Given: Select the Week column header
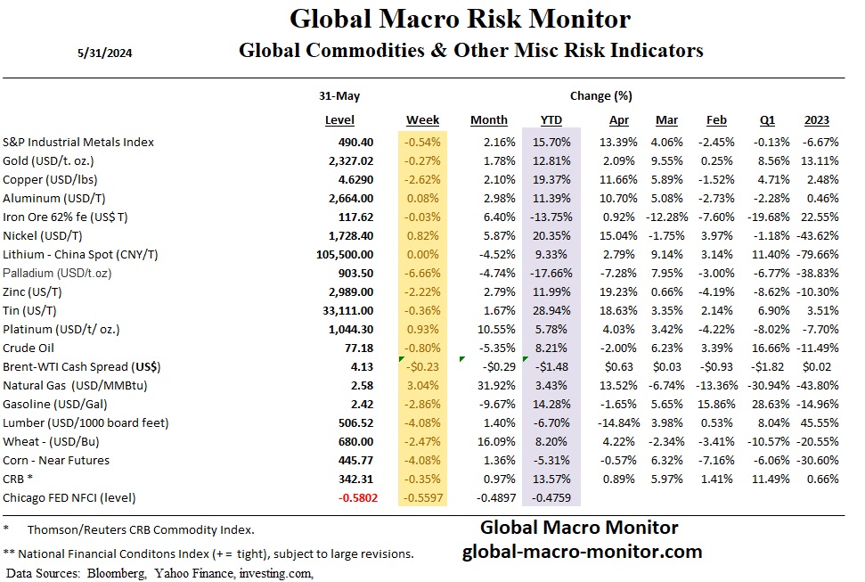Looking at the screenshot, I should tap(422, 120).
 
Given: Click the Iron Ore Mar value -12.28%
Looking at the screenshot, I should tap(664, 217).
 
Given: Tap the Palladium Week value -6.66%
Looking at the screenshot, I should tap(422, 273).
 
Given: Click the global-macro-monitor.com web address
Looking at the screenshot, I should tap(582, 552).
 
